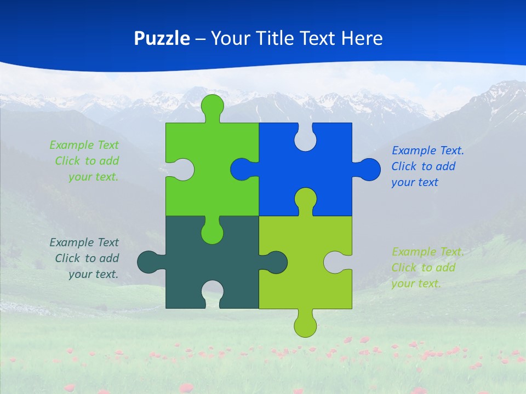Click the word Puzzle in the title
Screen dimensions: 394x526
(x=162, y=38)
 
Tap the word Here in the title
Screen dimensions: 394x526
(x=362, y=38)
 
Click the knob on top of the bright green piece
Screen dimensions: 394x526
(x=213, y=106)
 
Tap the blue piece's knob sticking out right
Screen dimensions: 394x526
(x=369, y=169)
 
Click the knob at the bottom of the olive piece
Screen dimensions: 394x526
(x=305, y=325)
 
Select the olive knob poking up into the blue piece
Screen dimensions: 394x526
(x=305, y=200)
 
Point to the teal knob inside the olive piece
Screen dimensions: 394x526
(x=276, y=262)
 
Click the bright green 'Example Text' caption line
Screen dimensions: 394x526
(x=84, y=145)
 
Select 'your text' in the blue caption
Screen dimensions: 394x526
(x=414, y=182)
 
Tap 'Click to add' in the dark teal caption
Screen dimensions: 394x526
(x=87, y=258)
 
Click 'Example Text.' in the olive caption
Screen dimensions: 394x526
(x=427, y=252)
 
